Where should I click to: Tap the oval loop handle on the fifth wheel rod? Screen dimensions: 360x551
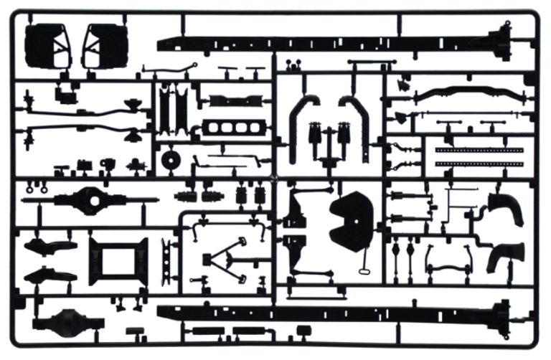(x=364, y=270)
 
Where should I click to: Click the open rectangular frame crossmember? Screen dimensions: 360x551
(x=118, y=260)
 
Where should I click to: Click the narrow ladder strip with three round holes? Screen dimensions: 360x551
(x=169, y=259)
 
